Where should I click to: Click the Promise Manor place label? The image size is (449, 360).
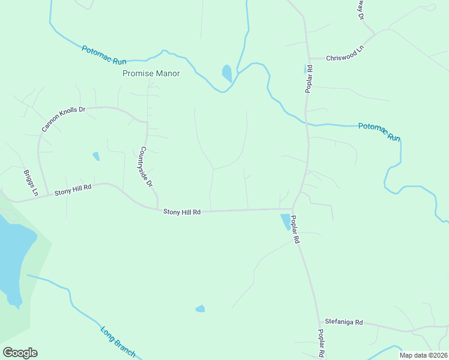[151, 73]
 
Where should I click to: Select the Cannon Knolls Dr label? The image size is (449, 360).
[64, 119]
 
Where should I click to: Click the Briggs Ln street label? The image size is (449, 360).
[31, 182]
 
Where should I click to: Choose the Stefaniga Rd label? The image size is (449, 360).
[344, 322]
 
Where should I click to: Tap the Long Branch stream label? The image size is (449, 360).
[118, 342]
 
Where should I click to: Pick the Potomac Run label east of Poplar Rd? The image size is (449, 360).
[379, 131]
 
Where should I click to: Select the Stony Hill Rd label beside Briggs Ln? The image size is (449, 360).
[73, 190]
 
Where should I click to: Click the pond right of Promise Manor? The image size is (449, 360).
[227, 73]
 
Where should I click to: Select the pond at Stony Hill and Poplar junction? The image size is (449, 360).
[284, 222]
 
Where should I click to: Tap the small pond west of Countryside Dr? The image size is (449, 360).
[96, 156]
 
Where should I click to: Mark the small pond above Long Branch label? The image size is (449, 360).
[200, 308]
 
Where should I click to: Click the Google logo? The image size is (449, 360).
[20, 353]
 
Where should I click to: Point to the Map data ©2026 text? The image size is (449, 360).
[423, 355]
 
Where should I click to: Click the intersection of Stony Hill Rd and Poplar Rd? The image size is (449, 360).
[292, 209]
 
